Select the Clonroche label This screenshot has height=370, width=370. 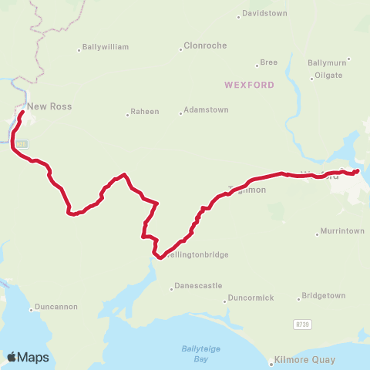[205, 45]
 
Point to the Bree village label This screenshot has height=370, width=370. [269, 62]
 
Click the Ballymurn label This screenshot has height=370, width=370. [328, 62]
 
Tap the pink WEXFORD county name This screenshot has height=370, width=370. [249, 84]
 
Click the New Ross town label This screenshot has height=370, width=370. [49, 106]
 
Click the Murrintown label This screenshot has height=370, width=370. [343, 231]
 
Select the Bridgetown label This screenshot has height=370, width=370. [324, 295]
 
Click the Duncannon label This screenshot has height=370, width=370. [57, 307]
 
